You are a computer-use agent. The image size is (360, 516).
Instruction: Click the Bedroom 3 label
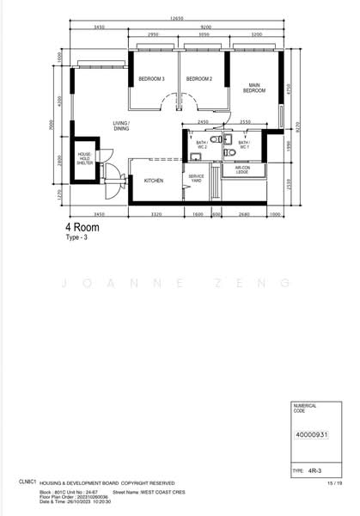tap(151, 80)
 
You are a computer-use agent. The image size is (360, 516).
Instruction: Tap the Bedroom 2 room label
tap(198, 80)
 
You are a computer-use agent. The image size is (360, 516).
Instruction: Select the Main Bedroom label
tap(254, 87)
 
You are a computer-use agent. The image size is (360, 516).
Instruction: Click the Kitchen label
tap(154, 181)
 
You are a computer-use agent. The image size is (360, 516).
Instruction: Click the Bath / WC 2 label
tap(201, 144)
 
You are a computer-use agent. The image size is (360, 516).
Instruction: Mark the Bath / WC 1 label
tap(244, 144)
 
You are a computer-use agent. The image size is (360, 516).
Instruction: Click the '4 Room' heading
tap(82, 228)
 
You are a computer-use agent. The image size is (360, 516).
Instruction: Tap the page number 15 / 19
tap(334, 484)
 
